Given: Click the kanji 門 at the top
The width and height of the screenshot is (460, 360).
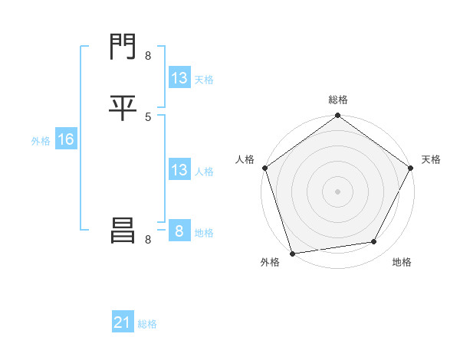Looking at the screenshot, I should [x=122, y=48].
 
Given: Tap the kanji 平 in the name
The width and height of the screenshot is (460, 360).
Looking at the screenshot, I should [x=122, y=108].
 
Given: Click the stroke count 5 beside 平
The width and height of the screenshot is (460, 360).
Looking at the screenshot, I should [x=148, y=116].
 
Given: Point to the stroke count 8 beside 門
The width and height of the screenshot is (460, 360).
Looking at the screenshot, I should [x=148, y=55].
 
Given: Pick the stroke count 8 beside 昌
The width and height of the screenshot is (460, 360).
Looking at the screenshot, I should [x=148, y=239].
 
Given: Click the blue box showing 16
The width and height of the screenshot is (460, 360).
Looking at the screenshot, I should [x=65, y=139].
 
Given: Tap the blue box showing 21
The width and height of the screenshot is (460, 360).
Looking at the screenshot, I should [x=123, y=323].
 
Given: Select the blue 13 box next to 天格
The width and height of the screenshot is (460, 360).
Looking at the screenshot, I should [x=179, y=78].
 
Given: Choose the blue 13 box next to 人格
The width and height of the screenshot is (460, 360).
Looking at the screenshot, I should [x=179, y=170].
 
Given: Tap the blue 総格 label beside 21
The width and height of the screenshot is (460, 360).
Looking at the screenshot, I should [x=147, y=324].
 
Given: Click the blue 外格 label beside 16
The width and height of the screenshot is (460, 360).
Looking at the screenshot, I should [x=40, y=140].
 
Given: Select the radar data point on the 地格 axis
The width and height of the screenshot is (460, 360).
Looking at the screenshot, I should [x=374, y=242].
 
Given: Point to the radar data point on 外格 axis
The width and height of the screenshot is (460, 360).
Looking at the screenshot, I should [x=292, y=253].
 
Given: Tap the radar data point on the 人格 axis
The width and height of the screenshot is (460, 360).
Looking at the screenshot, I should [x=264, y=168].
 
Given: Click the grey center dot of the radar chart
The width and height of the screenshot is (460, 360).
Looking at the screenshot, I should [x=337, y=191].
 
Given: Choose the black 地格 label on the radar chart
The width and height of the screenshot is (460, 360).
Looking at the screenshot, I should [x=402, y=263].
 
